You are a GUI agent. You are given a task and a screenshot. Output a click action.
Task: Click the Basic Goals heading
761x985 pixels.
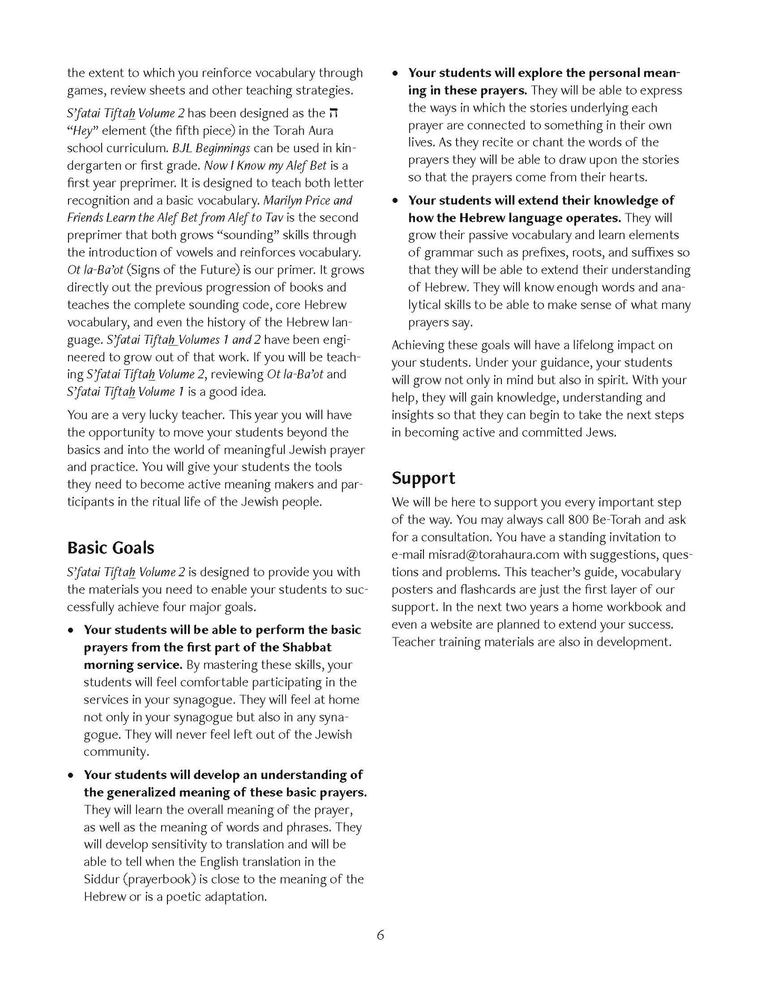111,548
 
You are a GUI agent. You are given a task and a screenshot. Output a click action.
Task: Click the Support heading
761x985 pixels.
423,478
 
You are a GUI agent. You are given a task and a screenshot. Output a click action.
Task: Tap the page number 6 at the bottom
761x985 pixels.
380,935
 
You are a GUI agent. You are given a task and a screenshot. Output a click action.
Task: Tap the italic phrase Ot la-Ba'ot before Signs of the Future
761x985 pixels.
95,270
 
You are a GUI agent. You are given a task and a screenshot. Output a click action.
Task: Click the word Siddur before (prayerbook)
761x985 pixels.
101,879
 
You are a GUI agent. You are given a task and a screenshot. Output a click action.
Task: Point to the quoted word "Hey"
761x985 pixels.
83,131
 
